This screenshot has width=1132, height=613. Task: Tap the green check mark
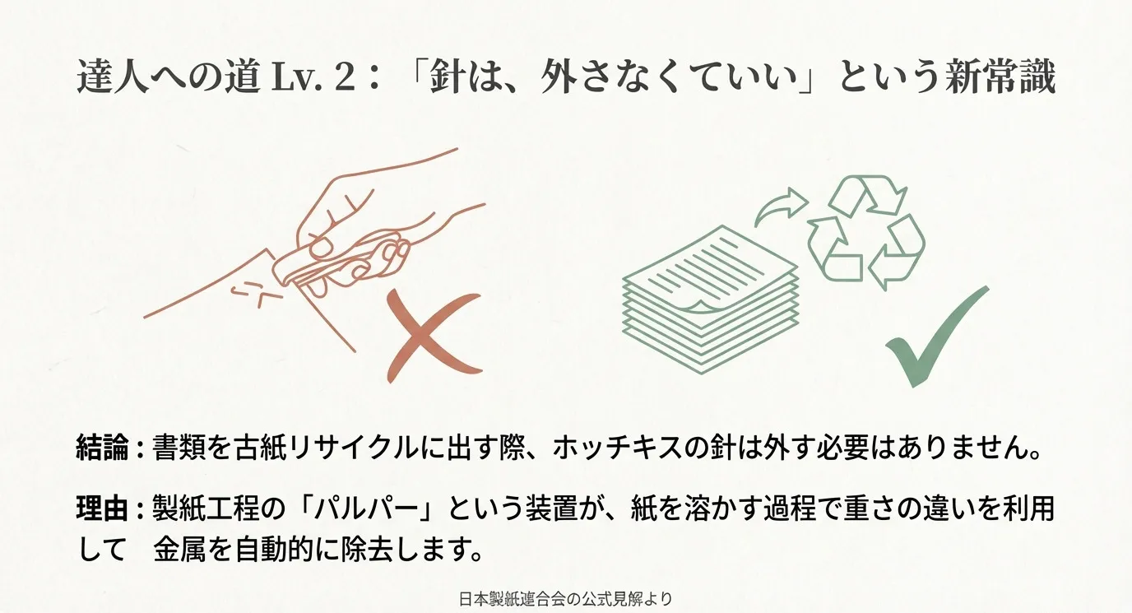pos(934,341)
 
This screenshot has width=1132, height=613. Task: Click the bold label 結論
pos(102,451)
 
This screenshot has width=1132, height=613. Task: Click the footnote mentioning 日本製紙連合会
pos(565,598)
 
